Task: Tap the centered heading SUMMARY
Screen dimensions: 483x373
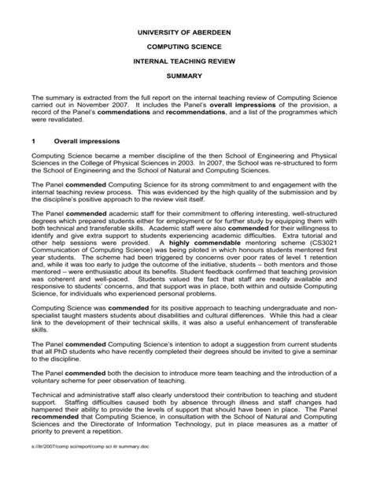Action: click(186, 75)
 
